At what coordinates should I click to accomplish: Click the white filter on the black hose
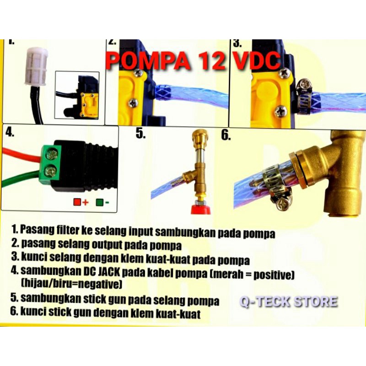tap(37, 65)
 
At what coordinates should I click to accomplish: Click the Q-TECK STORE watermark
tap(289, 301)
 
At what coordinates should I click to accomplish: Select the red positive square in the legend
tap(77, 202)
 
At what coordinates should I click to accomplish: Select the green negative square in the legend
tap(100, 202)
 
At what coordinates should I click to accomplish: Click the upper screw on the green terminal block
tap(52, 154)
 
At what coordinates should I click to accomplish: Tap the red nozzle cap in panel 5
tap(201, 210)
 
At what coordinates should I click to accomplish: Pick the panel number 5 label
tap(140, 134)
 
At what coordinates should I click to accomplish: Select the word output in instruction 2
tap(107, 245)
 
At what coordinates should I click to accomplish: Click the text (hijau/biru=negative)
tap(71, 285)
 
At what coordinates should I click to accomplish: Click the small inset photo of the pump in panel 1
tap(77, 95)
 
